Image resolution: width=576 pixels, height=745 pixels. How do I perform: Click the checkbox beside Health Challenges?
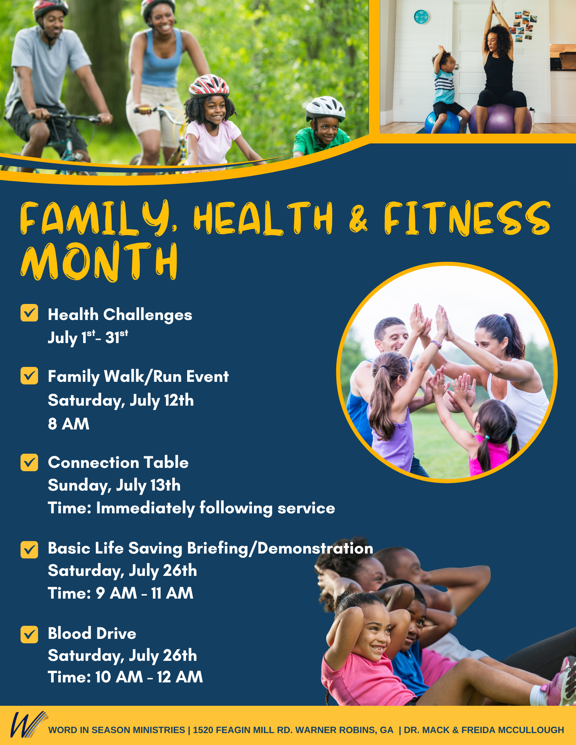tap(29, 313)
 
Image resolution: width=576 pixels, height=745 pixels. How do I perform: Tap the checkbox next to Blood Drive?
tap(29, 634)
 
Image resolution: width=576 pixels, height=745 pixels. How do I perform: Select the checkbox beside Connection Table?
tap(29, 462)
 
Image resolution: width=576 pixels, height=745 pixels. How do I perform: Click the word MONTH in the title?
tap(99, 261)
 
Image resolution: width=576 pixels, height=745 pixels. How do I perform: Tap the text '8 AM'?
tap(69, 424)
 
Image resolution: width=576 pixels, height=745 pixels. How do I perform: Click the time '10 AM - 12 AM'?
tap(149, 677)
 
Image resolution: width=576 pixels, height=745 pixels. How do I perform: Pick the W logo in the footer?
tap(28, 725)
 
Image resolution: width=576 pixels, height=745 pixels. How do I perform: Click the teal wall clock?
tap(421, 17)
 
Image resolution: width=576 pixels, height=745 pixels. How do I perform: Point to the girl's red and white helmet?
tap(209, 85)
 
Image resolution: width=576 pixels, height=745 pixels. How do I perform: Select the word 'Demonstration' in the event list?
tap(315, 548)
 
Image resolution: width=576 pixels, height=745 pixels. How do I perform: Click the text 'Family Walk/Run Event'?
tap(138, 377)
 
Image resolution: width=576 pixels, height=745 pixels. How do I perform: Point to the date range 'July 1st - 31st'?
tap(88, 337)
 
